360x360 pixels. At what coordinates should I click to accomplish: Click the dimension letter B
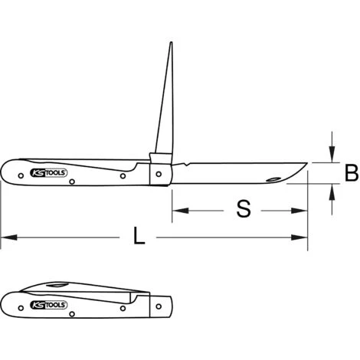pyautogui.click(x=351, y=174)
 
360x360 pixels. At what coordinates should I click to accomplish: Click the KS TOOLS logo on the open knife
pyautogui.click(x=49, y=174)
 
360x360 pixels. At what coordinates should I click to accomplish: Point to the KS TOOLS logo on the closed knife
pyautogui.click(x=49, y=305)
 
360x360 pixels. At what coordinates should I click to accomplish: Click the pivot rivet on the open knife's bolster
pyautogui.click(x=159, y=174)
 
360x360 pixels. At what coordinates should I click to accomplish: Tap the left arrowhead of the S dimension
pyautogui.click(x=175, y=209)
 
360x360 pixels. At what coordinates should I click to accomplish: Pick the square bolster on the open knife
pyautogui.click(x=159, y=170)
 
